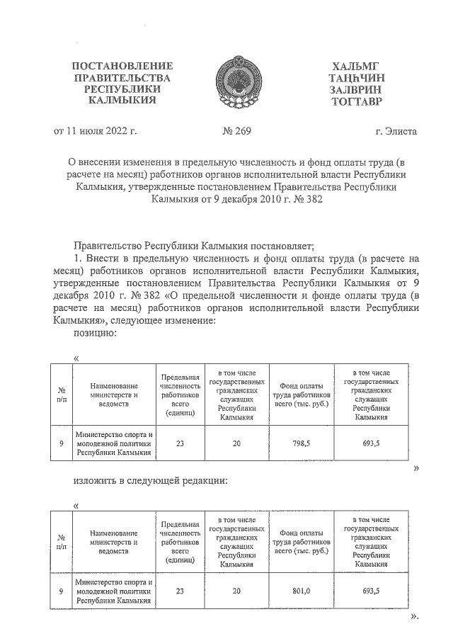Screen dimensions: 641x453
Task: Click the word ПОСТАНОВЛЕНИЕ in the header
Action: pyautogui.click(x=122, y=66)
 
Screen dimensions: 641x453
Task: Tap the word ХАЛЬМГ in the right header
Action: pyautogui.click(x=355, y=66)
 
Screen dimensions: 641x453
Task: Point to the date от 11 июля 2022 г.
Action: pyautogui.click(x=96, y=131)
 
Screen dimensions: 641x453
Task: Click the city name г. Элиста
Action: pyautogui.click(x=396, y=131)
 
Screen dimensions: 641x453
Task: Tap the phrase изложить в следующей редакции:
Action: pyautogui.click(x=151, y=480)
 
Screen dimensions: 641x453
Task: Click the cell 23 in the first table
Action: pyautogui.click(x=180, y=443)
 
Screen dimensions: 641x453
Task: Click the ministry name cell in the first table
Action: pyautogui.click(x=114, y=443)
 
